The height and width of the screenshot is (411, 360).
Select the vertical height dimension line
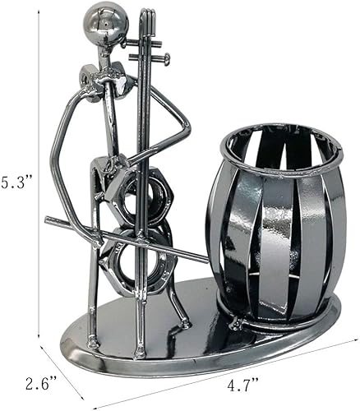click(x=39, y=181)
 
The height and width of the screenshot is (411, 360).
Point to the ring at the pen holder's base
click(x=279, y=326)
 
